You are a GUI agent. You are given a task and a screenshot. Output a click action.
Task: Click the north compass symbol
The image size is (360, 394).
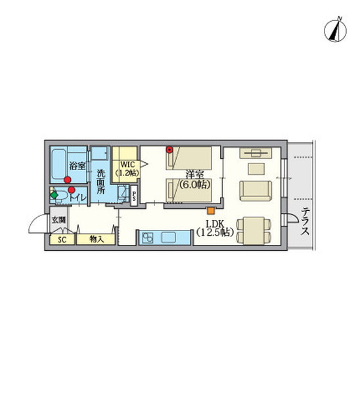pos(335,30)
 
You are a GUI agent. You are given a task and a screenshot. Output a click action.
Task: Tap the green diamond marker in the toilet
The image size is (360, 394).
pos(54,195)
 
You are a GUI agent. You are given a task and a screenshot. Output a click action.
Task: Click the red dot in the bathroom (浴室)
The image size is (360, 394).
pos(68,180)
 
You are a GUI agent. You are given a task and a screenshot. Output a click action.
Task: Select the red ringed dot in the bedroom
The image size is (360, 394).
pos(170,150)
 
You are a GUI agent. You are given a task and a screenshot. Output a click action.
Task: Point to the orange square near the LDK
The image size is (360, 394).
pos(211,211)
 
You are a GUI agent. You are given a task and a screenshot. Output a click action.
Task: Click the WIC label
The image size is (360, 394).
pos(127,165)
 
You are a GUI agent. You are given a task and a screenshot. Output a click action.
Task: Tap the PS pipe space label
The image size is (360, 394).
pos(134,196)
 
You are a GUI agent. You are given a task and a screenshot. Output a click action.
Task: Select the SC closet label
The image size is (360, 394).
pos(62,240)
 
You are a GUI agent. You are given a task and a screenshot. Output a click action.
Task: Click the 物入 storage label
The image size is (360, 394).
pos(97,239)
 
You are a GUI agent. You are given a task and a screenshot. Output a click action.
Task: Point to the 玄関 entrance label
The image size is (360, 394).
pos(58,221)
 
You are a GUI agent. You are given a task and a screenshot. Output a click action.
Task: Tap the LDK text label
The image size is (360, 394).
pos(214,224)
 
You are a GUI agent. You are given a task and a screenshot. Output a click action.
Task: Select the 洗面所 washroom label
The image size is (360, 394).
pos(101,182)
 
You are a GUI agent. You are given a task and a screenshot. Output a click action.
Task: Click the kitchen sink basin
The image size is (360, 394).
pos(168,237)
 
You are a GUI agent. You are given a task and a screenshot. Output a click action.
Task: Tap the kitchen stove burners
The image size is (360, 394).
pos(148,238)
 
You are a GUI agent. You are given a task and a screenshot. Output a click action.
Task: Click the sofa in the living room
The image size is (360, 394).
pos(256,190)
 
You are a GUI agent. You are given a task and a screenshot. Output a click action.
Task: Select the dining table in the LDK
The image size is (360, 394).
pos(254,231)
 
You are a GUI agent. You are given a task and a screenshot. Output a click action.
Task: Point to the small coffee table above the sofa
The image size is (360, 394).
pos(256,169)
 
